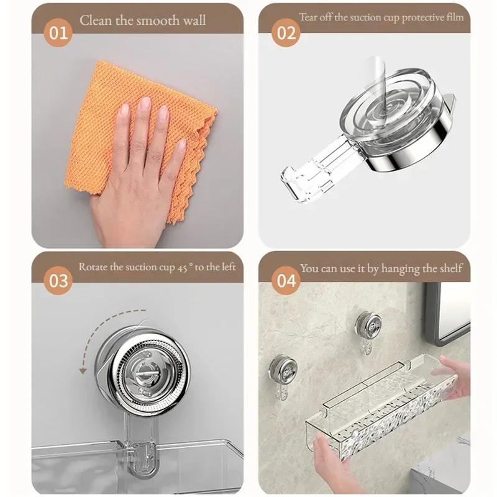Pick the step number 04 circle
286,280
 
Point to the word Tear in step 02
309,17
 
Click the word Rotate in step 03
92,267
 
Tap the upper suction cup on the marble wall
369,325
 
